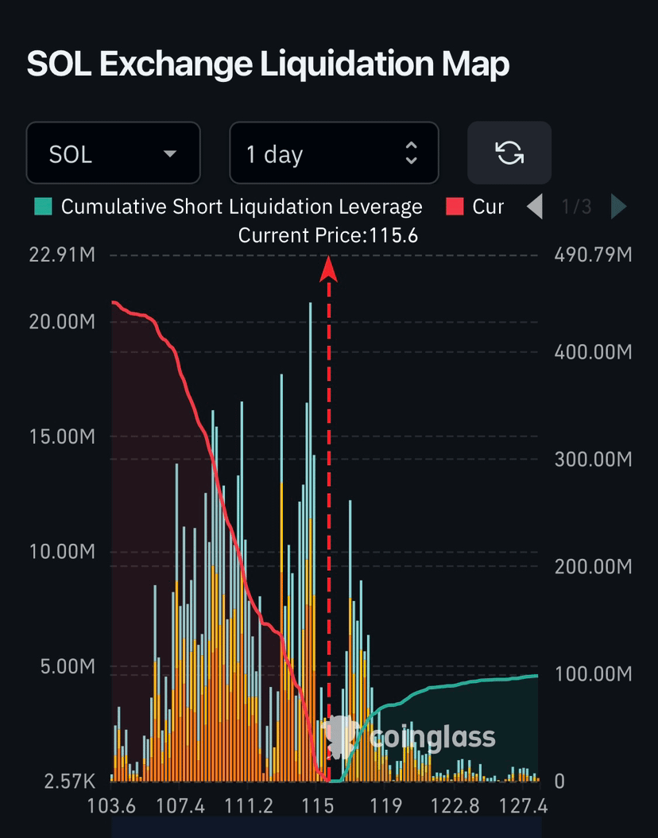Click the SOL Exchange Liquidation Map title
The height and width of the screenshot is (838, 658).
(x=268, y=64)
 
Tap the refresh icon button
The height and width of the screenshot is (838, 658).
(x=509, y=153)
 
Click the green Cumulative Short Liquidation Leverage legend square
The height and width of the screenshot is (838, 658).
(x=43, y=206)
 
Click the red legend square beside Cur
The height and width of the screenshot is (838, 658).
(x=455, y=206)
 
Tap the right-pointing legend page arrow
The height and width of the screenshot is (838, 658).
(x=619, y=206)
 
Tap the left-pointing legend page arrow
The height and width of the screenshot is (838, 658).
(x=535, y=206)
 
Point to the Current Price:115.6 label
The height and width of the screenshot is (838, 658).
(x=328, y=235)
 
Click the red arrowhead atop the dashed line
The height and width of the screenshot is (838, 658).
(x=328, y=268)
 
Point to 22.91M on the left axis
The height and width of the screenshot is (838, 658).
(x=62, y=255)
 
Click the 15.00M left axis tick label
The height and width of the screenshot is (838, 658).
(x=62, y=436)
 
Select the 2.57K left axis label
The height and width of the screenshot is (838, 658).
(x=69, y=782)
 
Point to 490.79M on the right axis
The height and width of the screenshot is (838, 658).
(x=594, y=255)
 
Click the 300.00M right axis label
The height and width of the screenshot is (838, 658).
(x=594, y=459)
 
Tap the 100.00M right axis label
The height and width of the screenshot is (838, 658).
(x=594, y=674)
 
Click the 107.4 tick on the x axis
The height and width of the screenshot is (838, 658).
(x=180, y=805)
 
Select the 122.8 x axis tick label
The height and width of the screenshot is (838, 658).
(x=455, y=805)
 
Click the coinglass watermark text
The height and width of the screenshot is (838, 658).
(x=432, y=738)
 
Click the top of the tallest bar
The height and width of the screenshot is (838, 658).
(x=310, y=304)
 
